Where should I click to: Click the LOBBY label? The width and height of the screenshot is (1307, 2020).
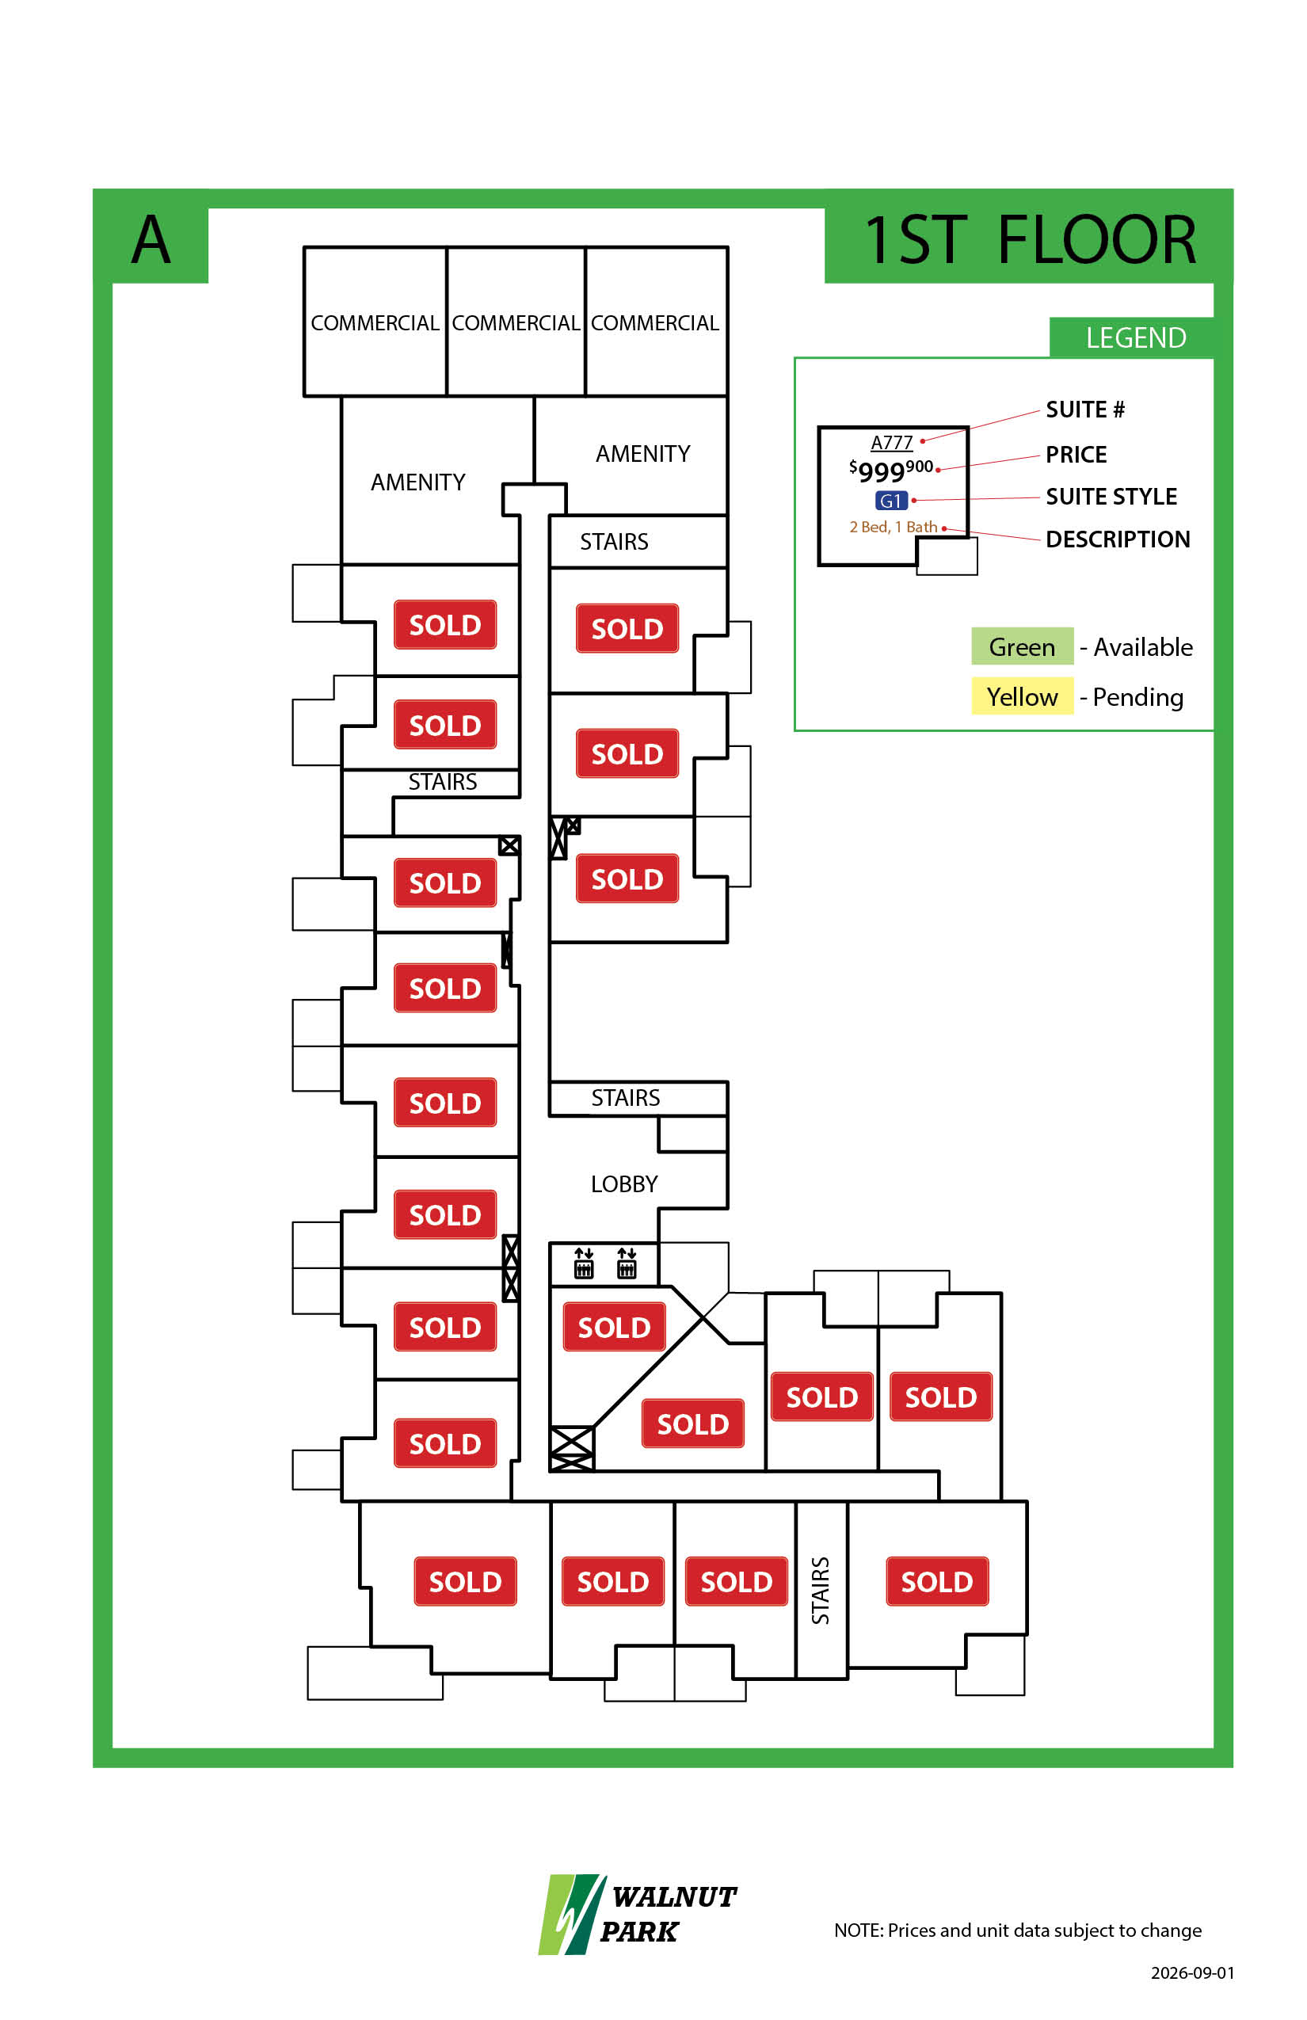coord(624,1184)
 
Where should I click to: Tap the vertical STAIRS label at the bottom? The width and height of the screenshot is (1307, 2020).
coord(820,1591)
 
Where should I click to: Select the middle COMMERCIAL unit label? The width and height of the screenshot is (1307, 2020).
coord(515,323)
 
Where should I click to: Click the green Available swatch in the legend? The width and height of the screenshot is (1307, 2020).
coord(1022,646)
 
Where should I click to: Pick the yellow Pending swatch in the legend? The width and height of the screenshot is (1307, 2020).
coord(1022,696)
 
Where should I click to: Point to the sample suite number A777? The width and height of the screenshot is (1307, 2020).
coord(891,442)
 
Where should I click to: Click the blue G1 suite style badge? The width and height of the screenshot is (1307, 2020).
coord(891,501)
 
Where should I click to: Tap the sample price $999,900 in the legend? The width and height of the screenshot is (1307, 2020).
coord(891,469)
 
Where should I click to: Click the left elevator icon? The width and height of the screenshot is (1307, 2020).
coord(584,1262)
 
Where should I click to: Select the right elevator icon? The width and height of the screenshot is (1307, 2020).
coord(627,1262)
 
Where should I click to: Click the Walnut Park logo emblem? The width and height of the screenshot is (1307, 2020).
coord(572,1914)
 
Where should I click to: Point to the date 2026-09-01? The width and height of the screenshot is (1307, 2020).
coord(1192,1972)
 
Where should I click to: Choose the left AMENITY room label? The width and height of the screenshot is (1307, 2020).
coord(417,482)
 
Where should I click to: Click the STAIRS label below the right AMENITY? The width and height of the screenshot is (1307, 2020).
coord(614,542)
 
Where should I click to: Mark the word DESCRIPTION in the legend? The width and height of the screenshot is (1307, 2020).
coord(1118,539)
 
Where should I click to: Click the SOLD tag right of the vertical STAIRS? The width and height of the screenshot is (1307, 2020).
coord(937,1581)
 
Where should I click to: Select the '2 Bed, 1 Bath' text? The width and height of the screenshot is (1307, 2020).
coord(893,527)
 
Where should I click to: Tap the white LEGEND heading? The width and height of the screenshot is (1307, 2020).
coord(1136,337)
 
